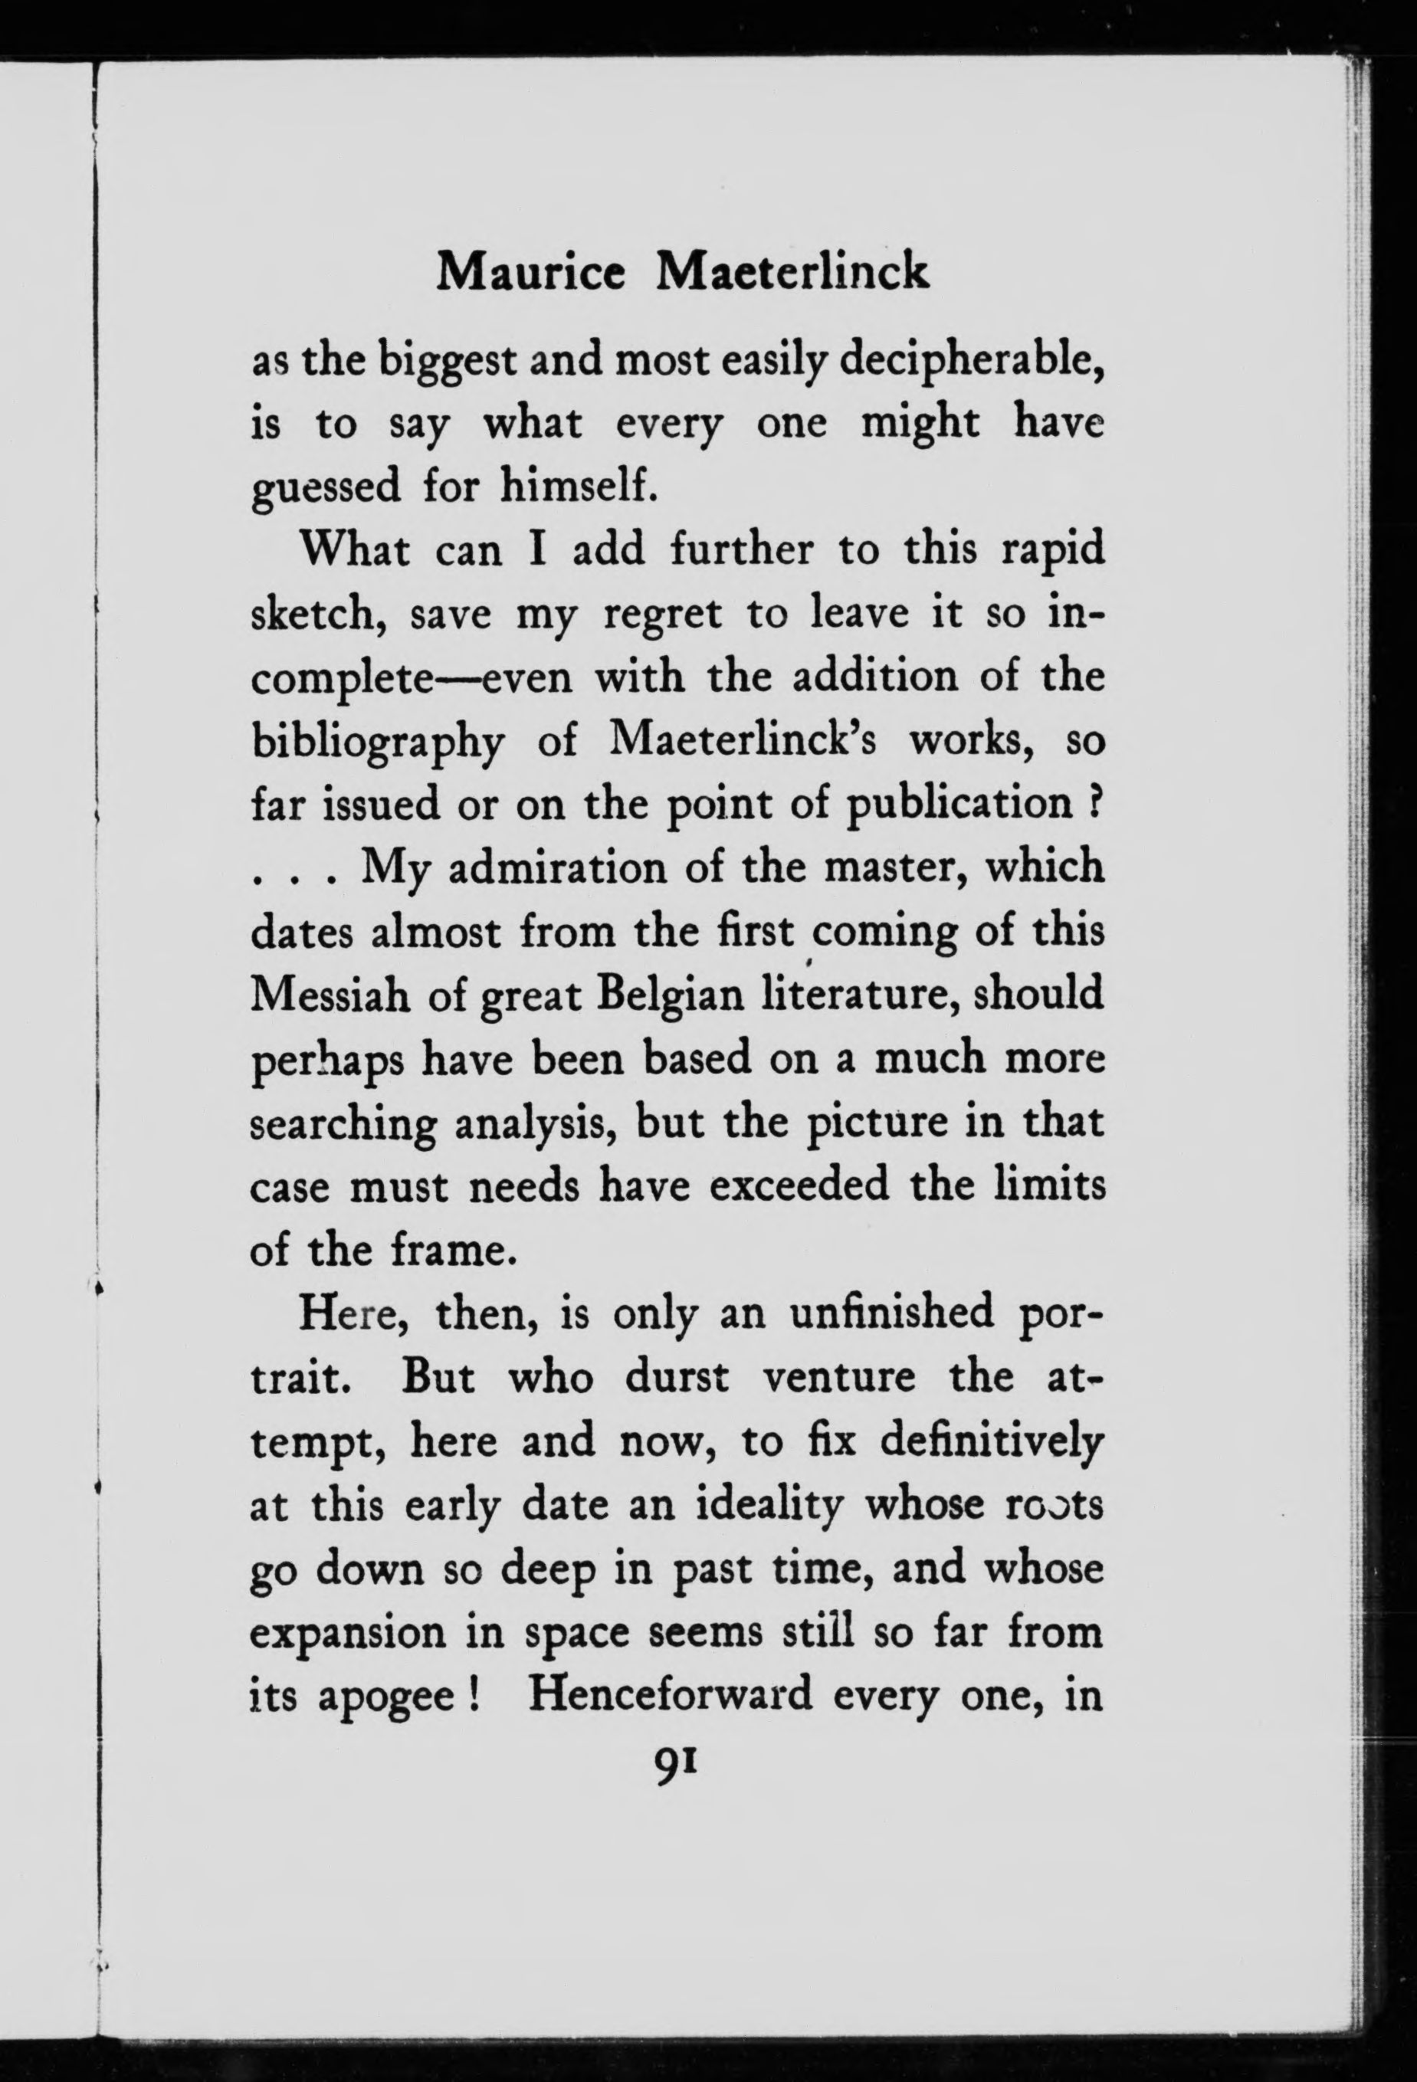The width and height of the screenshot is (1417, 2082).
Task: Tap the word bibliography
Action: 376,743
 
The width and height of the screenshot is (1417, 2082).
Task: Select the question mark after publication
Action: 1092,804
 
